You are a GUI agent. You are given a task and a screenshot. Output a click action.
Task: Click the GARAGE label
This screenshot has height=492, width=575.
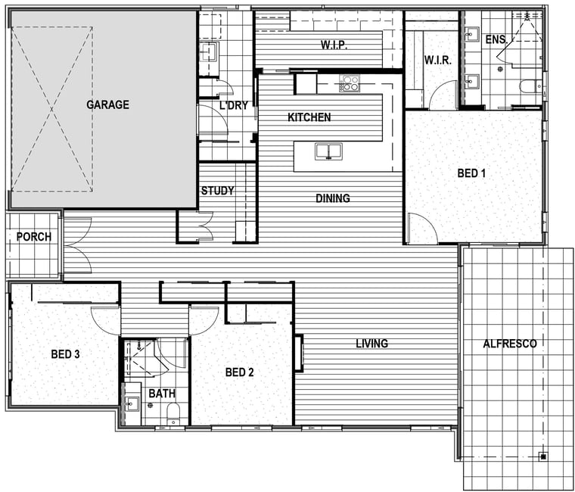[x=107, y=105]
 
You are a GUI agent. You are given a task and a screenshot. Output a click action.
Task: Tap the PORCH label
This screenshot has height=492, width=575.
[x=34, y=237]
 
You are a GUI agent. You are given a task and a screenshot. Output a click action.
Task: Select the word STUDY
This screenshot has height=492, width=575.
[x=217, y=191]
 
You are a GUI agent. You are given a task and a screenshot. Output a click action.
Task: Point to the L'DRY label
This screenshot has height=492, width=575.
[x=234, y=106]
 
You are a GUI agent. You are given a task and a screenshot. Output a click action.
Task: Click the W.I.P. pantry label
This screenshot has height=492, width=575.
[x=334, y=45]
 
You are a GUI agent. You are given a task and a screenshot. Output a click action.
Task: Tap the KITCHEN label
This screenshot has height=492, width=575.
[x=309, y=117]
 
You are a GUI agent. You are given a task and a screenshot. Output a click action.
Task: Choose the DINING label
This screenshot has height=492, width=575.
[x=333, y=198]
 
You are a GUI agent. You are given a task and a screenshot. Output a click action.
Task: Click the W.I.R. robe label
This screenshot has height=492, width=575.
[x=438, y=60]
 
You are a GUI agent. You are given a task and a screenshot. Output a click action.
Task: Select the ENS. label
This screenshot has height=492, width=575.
[x=496, y=39]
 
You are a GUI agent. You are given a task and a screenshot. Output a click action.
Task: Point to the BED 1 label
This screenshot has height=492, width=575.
[x=471, y=173]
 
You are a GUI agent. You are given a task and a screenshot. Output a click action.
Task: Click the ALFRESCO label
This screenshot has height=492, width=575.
[x=510, y=344]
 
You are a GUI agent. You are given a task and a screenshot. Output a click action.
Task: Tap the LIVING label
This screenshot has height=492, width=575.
[x=371, y=344]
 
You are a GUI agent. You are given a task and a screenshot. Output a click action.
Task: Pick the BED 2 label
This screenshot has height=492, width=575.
[x=240, y=372]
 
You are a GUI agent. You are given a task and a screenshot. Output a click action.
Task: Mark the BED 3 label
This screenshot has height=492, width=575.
[x=65, y=354]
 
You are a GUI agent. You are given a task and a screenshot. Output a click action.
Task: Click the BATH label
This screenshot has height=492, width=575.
[x=162, y=394]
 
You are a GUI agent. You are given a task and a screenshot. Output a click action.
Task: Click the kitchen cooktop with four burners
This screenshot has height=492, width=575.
[x=349, y=83]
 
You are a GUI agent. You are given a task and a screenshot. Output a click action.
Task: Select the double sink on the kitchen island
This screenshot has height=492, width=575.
[x=328, y=151]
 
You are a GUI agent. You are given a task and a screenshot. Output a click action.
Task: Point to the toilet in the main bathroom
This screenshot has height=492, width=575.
[x=172, y=414]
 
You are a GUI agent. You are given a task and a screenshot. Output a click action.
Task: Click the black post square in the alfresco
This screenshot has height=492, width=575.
[x=543, y=456]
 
